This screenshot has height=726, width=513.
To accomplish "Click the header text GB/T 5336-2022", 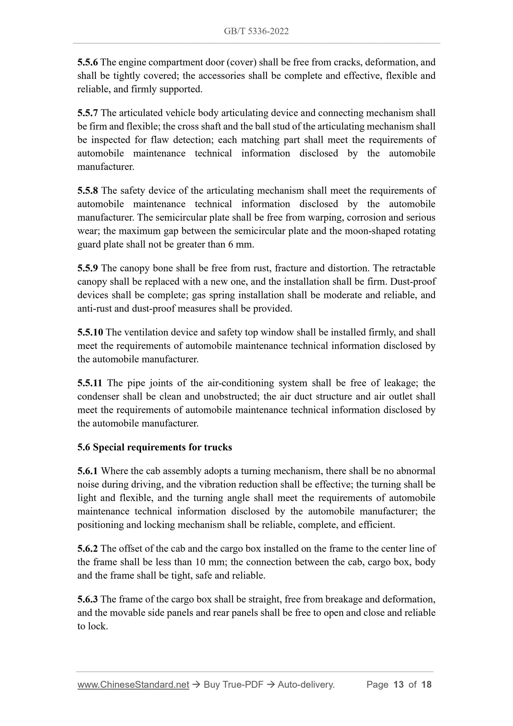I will [x=256, y=31].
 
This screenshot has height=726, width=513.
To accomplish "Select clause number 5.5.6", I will [x=88, y=62].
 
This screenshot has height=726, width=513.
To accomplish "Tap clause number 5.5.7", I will [x=88, y=113].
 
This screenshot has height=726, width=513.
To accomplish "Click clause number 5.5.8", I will [x=88, y=190].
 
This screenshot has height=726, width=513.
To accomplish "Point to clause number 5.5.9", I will [x=88, y=268].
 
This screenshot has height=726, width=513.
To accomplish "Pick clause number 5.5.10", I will [x=90, y=332].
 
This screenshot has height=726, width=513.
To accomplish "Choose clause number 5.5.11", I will [x=90, y=383].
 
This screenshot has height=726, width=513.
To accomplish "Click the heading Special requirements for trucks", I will [x=162, y=447].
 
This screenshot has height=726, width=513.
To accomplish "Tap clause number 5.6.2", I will [x=88, y=548].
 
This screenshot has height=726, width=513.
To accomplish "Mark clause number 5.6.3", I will [x=88, y=599].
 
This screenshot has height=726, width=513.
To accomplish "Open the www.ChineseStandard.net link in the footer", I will [x=133, y=685].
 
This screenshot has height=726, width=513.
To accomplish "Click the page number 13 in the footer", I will [x=399, y=685].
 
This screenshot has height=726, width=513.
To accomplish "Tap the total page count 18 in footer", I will [x=426, y=685].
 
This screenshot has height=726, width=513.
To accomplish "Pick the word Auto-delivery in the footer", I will [x=306, y=685].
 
